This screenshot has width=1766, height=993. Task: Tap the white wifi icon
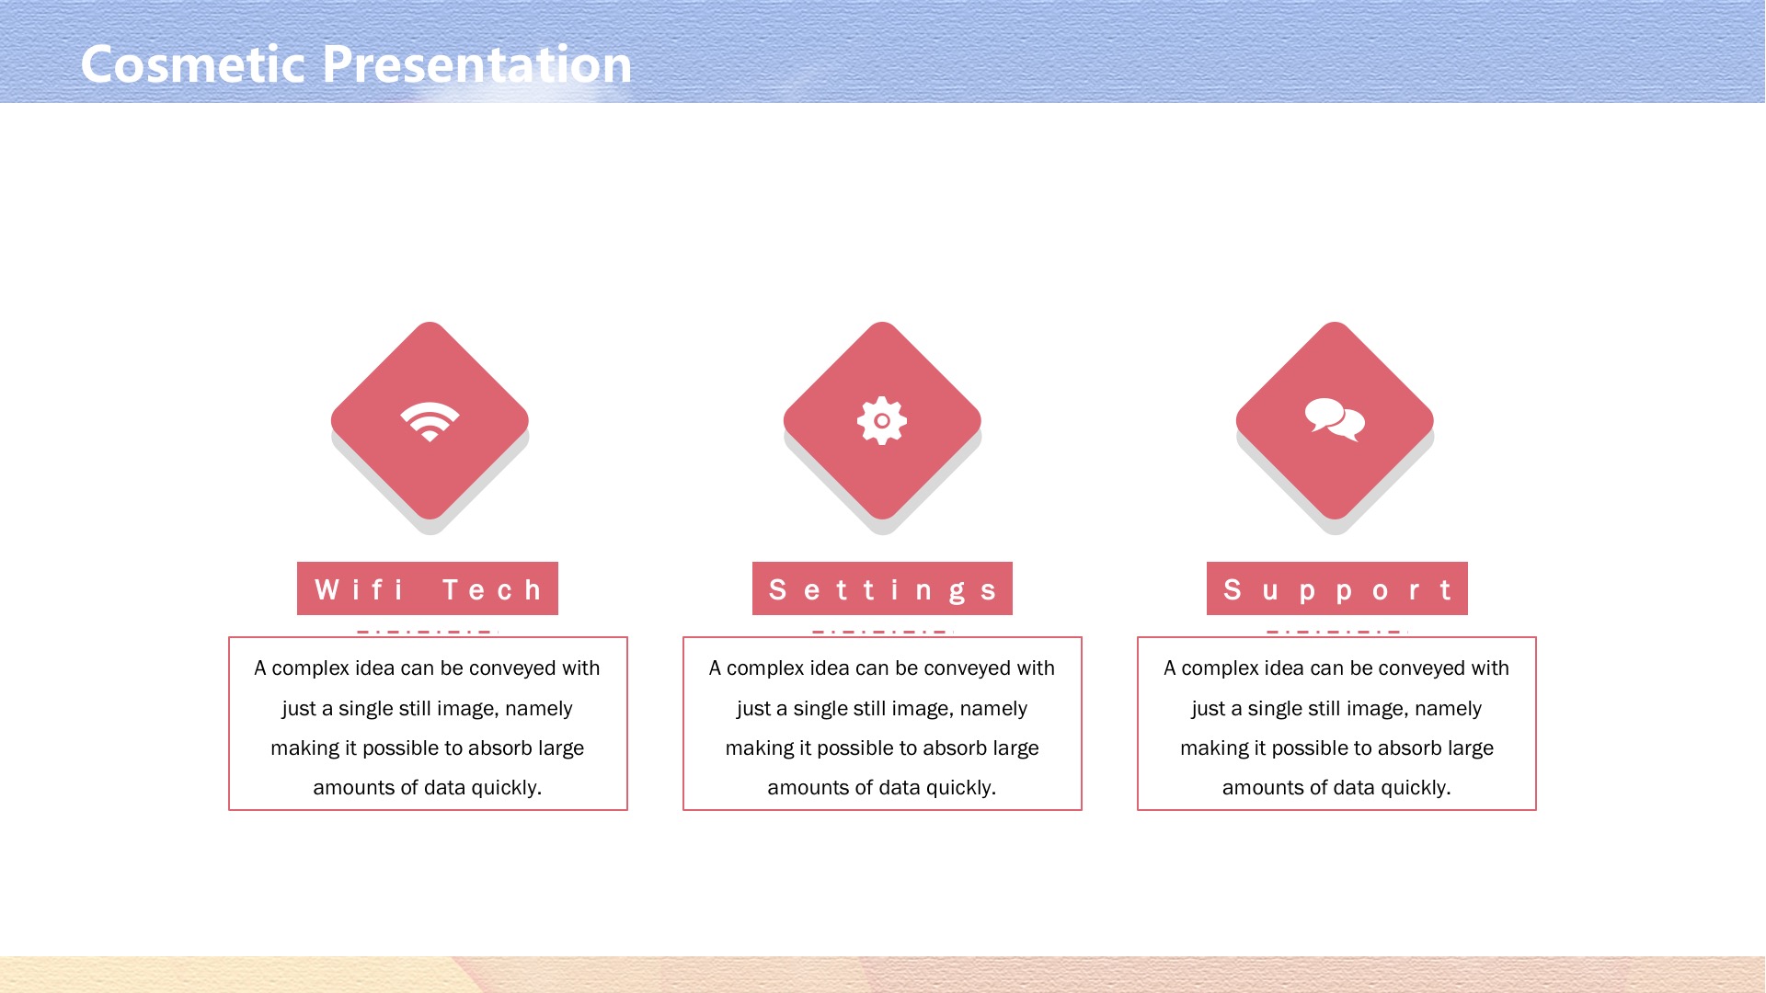coord(430,421)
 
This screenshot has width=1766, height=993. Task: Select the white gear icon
coord(882,421)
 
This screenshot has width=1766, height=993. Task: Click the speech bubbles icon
coord(1335,420)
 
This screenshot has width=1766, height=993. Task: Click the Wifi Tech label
coord(428,588)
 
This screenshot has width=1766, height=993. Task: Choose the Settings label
coord(882,588)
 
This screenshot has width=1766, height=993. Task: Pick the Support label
coord(1337,588)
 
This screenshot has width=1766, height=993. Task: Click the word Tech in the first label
coord(492,589)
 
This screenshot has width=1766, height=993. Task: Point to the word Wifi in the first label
coord(359,589)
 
